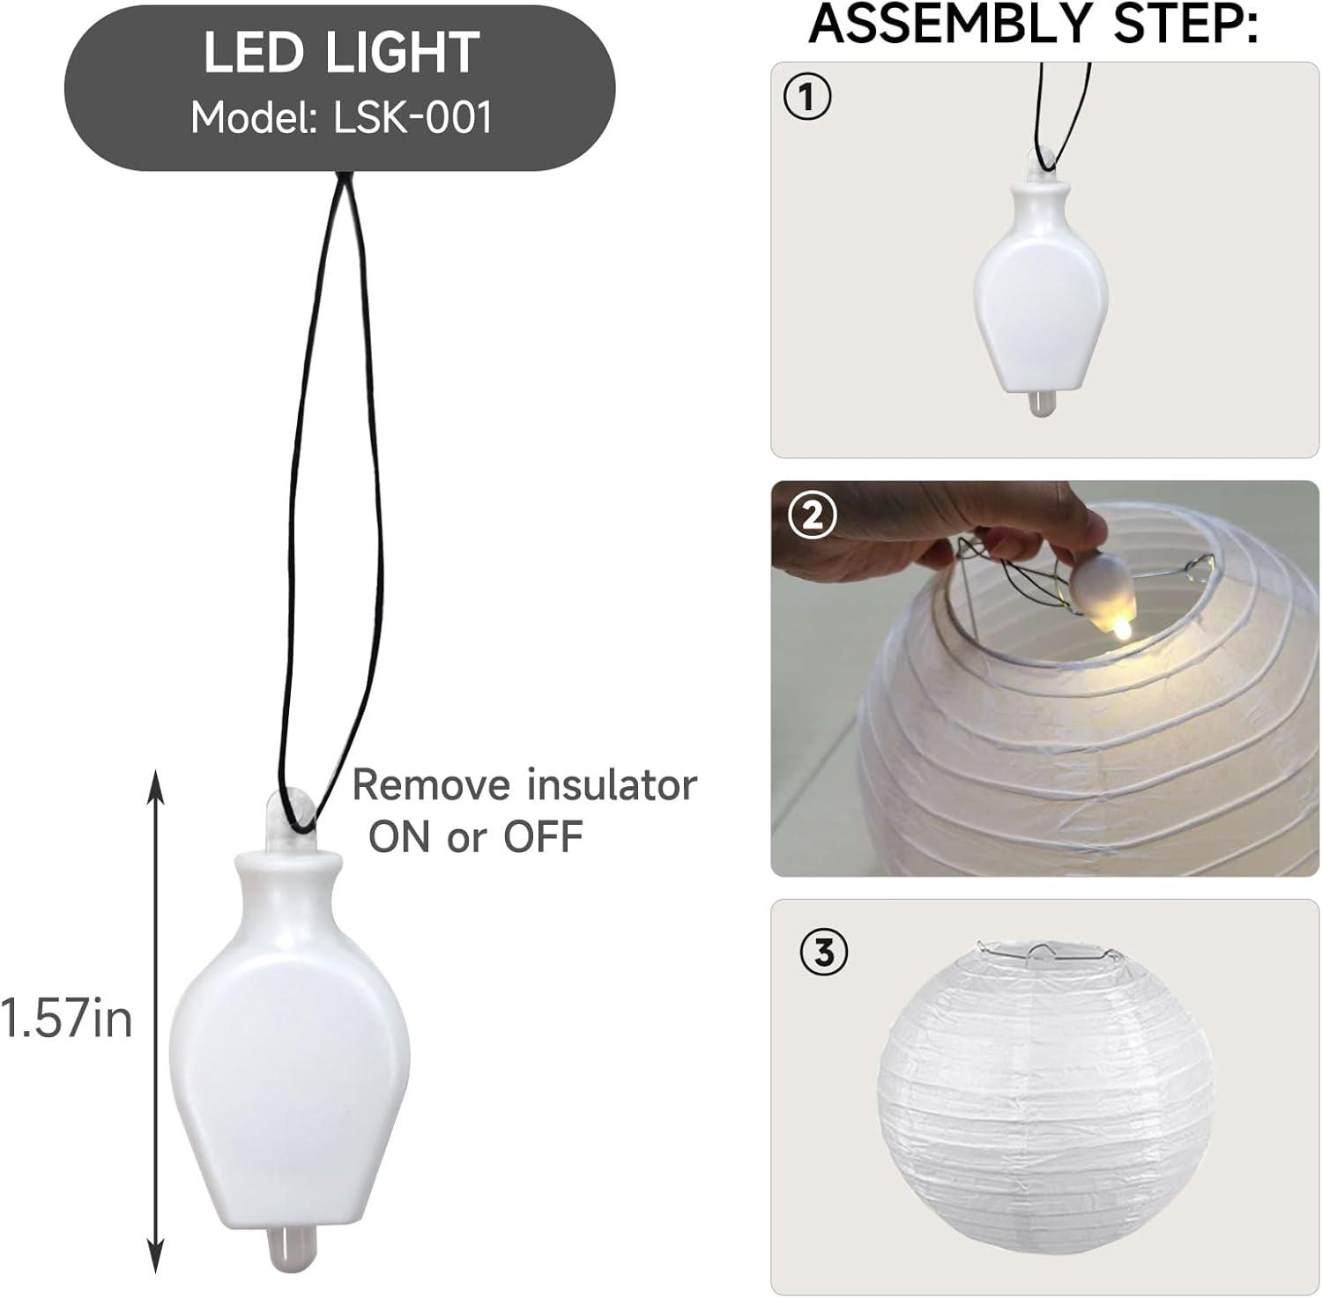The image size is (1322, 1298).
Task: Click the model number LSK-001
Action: click(412, 117)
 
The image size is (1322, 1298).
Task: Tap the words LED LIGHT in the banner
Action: click(341, 53)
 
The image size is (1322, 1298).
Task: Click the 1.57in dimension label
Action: click(67, 1019)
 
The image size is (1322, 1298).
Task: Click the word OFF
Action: click(544, 836)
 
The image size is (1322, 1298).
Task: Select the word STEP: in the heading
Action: click(1185, 24)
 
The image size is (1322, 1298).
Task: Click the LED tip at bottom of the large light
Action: click(287, 1250)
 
